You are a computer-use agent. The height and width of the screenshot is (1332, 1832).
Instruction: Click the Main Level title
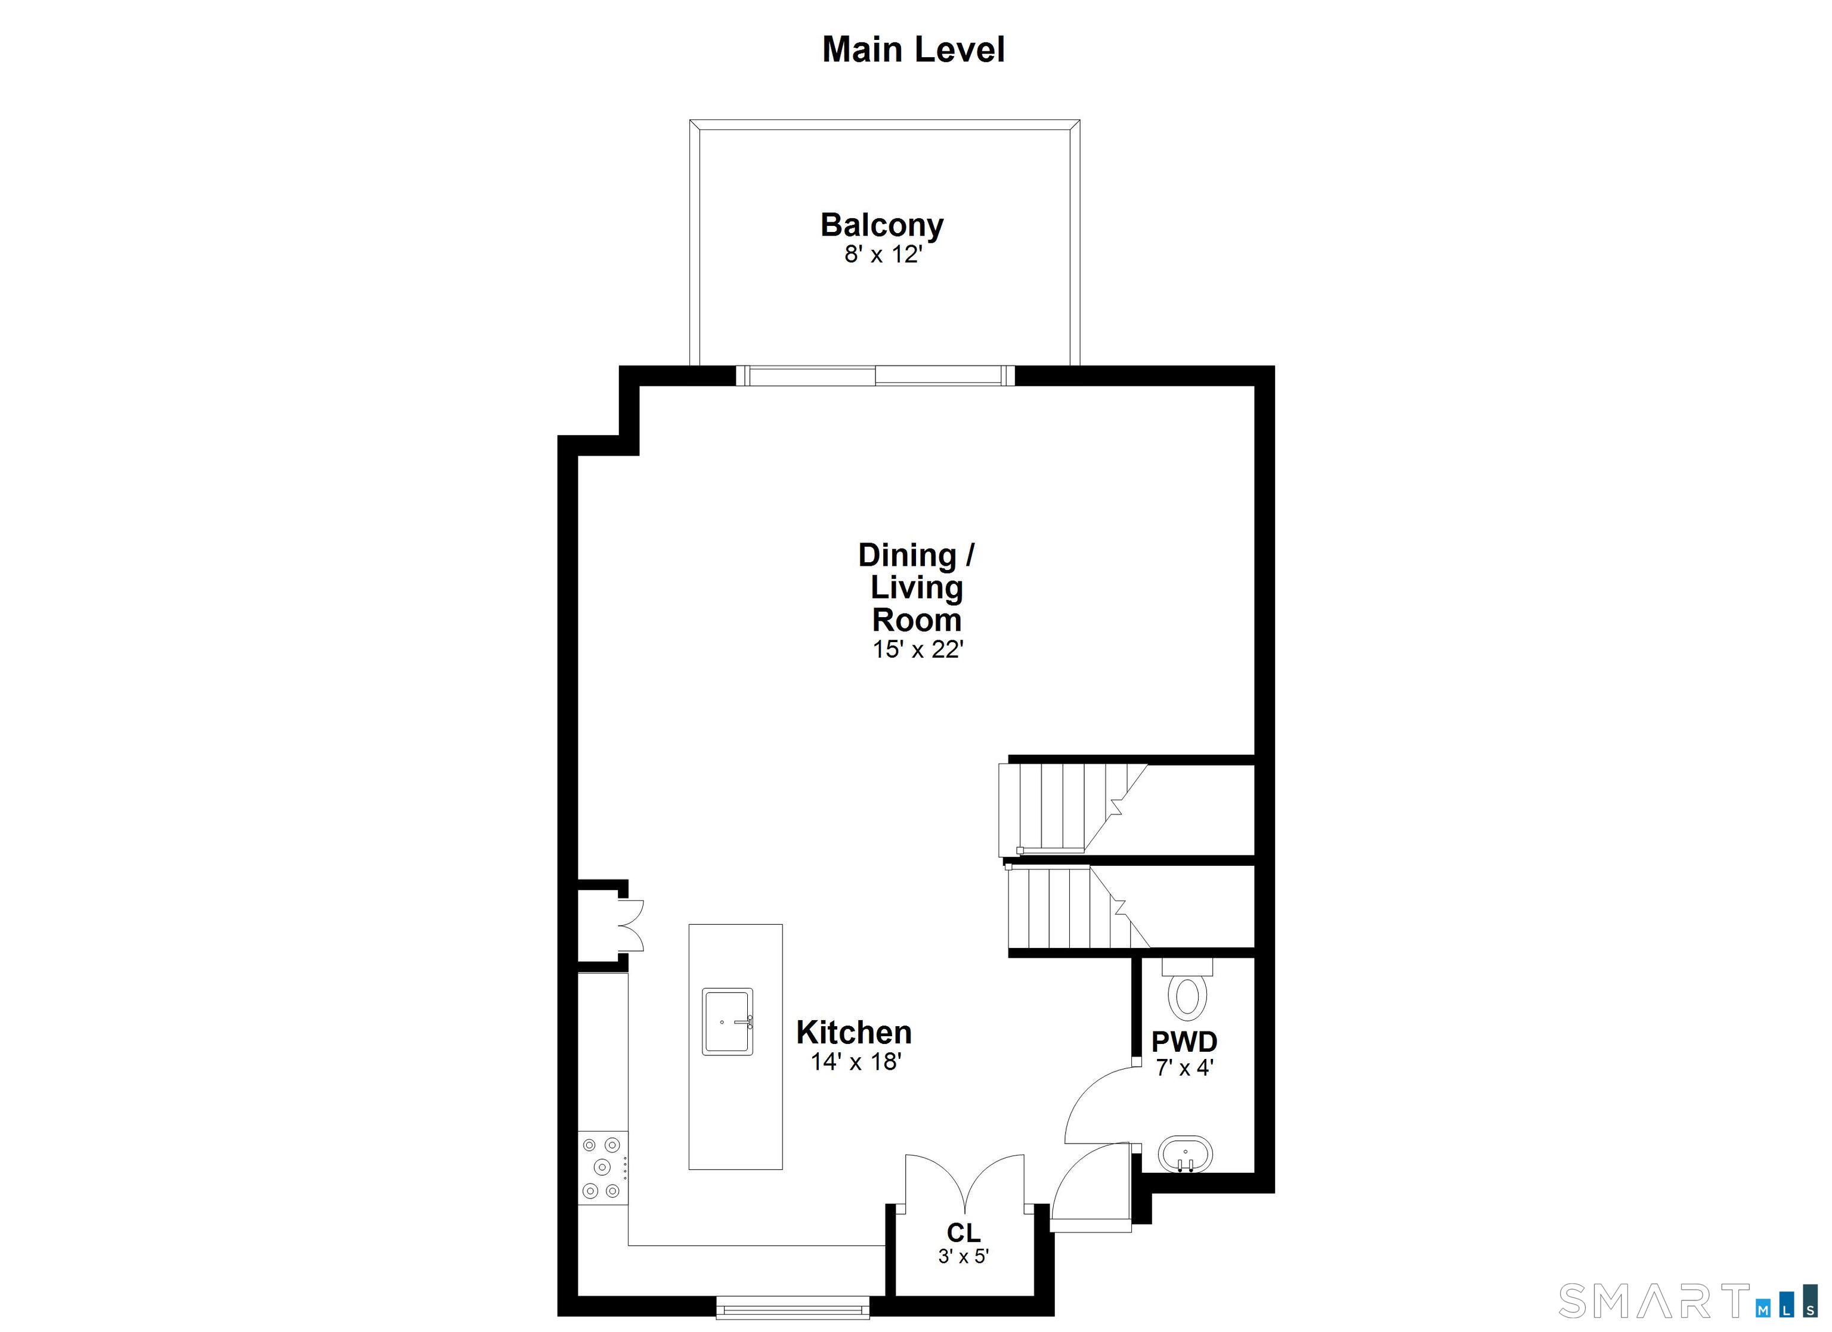click(x=914, y=49)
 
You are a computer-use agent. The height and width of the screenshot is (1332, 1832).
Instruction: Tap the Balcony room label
click(x=882, y=225)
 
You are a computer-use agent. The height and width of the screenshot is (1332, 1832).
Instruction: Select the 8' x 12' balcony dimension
click(x=883, y=255)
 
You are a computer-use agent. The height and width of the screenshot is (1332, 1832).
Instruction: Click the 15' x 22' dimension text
click(x=918, y=649)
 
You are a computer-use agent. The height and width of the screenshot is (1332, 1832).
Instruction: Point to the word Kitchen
click(x=854, y=1032)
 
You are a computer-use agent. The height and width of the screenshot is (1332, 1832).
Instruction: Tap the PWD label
click(x=1184, y=1042)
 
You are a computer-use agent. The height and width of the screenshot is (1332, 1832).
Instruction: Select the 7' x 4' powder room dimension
click(x=1185, y=1068)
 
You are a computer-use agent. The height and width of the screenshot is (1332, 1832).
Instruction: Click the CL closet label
click(x=964, y=1232)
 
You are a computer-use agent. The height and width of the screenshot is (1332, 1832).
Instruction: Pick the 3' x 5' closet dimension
click(x=964, y=1257)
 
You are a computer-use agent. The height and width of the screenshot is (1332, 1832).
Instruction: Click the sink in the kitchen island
click(x=727, y=1022)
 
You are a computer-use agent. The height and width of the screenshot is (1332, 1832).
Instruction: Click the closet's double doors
click(x=964, y=1184)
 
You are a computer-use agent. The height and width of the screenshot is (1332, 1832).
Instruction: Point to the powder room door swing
click(x=1098, y=1107)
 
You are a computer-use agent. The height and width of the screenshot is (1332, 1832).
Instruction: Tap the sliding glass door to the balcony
click(x=875, y=376)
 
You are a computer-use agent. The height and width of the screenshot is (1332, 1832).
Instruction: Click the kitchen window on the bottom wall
click(x=793, y=1308)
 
